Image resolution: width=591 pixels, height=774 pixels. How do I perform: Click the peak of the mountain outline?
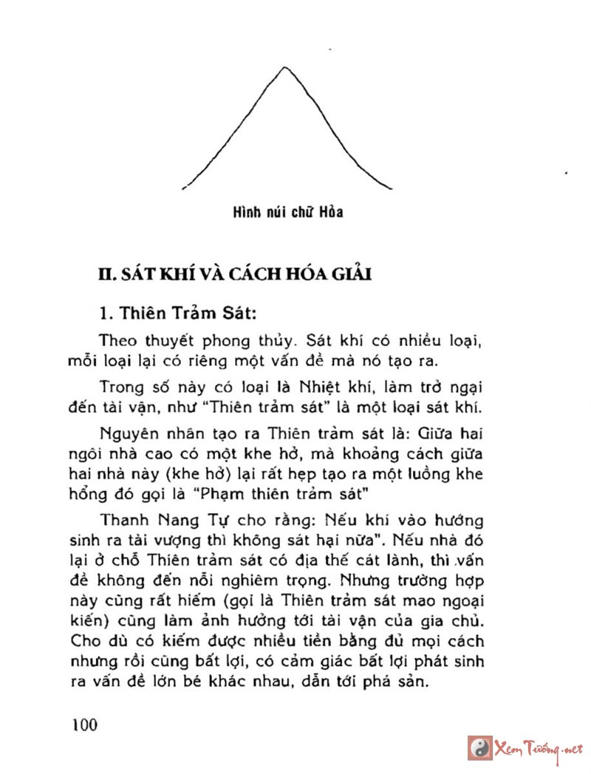(284, 67)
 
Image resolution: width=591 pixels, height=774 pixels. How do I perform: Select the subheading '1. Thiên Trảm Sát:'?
(177, 313)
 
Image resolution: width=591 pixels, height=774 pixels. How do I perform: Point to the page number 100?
(85, 723)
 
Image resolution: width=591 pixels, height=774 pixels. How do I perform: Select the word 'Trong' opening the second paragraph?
(119, 388)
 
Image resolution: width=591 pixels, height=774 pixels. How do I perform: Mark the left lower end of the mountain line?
(182, 189)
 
